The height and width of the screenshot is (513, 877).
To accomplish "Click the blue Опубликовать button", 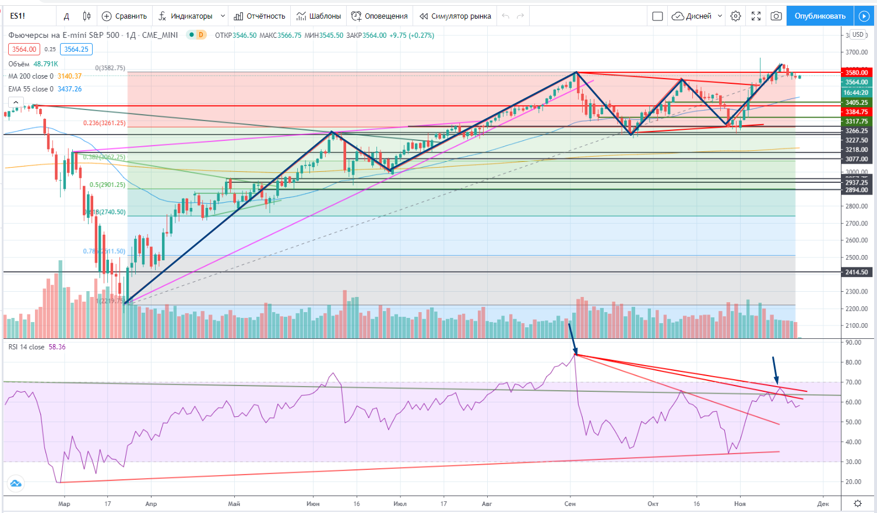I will [x=819, y=16].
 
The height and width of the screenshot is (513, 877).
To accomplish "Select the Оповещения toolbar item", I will [x=379, y=16].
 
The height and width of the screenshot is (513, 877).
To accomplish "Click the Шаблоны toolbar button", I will [x=318, y=16].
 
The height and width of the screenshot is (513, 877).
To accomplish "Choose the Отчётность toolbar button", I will [x=259, y=16].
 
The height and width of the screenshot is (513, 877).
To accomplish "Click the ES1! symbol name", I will [x=17, y=16].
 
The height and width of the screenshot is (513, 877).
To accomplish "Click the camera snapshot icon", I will [x=776, y=16].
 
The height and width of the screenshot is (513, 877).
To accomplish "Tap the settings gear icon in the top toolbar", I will [x=736, y=16].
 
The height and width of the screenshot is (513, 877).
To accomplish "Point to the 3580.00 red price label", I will [x=857, y=73].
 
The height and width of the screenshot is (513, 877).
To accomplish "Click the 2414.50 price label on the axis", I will [x=857, y=272].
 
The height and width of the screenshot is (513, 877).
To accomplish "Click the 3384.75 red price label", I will [x=857, y=112].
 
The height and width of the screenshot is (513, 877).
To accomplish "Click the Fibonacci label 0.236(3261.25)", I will [x=104, y=123].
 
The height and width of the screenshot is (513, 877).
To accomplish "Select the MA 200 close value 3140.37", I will [x=69, y=76].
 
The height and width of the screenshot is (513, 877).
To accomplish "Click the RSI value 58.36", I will [x=57, y=347].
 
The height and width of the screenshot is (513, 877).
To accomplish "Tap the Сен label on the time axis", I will [x=570, y=504].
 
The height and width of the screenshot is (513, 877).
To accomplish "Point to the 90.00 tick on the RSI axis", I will [x=853, y=342].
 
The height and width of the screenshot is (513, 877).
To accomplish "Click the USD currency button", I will [x=858, y=35].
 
